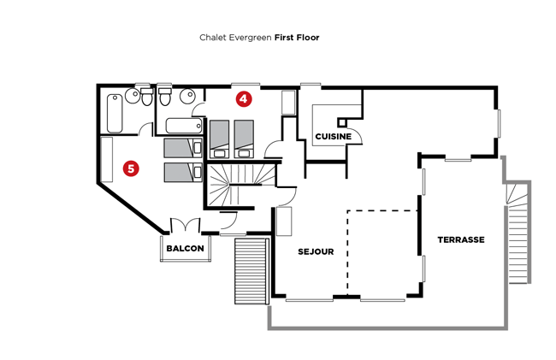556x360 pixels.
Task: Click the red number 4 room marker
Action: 244,99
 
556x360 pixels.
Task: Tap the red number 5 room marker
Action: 131,168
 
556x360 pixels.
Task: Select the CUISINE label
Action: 334,137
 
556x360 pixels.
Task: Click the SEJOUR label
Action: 316,251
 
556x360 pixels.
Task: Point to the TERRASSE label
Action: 461,240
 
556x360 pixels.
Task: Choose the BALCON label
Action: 185,248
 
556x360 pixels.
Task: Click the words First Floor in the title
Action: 297,38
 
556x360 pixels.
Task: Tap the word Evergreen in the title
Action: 251,38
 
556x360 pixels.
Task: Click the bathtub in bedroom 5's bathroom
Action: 115,114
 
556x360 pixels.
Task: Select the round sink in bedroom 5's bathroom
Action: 133,96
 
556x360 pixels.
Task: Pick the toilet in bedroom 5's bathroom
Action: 146,97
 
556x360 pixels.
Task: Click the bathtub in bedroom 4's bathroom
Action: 184,126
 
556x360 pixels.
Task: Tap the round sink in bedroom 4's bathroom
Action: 187,96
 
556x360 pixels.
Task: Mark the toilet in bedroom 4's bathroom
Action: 165,97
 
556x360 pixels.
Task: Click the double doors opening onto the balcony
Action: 185,225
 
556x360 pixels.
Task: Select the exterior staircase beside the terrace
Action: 518,232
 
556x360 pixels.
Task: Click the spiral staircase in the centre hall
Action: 241,184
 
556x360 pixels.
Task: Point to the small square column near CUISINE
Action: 342,122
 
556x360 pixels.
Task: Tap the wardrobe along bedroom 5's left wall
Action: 107,159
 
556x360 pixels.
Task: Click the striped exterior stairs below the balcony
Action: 251,271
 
